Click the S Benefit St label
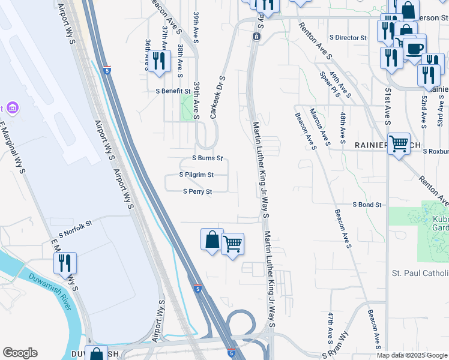[x=173, y=91]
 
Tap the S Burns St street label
[x=207, y=158]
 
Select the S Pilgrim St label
[x=196, y=175]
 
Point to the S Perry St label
[x=197, y=192]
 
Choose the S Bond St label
[x=367, y=205]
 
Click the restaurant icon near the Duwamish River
[x=65, y=263]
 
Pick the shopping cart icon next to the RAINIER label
[x=399, y=144]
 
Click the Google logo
[x=20, y=353]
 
